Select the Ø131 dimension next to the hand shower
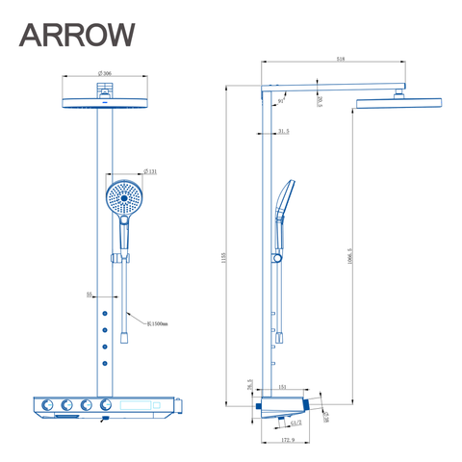(x=151, y=172)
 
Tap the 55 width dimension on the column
(x=90, y=295)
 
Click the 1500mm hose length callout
(x=157, y=323)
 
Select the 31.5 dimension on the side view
(x=283, y=132)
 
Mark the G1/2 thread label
(x=297, y=421)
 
